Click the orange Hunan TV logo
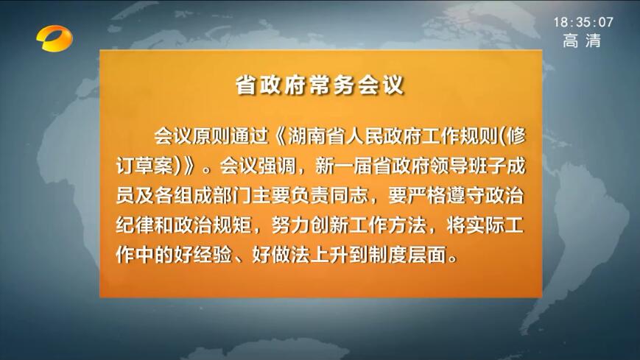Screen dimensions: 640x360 point(54,38)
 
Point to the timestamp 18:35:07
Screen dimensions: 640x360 point(583,22)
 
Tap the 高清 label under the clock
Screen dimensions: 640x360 point(582,40)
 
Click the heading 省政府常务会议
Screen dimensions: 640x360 point(320,85)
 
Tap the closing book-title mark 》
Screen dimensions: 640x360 point(189,166)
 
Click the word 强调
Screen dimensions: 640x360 point(277,166)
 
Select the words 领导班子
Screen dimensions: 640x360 point(468,166)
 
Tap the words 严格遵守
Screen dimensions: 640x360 point(446,196)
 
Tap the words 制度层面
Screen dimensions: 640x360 point(407,255)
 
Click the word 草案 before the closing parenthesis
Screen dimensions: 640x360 point(154,166)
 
